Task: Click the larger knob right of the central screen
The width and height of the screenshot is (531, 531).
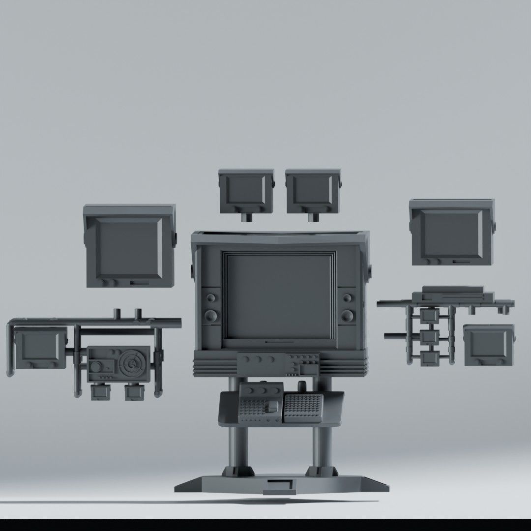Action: [x=348, y=315]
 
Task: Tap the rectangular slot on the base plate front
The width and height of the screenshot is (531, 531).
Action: [x=278, y=486]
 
